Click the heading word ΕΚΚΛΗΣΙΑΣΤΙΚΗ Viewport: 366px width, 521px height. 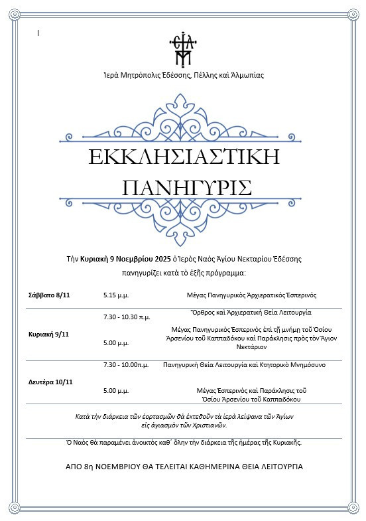click(x=184, y=157)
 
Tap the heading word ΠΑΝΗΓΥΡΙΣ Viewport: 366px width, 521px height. click(x=188, y=186)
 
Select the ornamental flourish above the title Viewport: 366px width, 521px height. click(x=184, y=119)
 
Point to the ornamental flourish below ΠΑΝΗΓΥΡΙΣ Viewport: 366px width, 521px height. click(x=184, y=220)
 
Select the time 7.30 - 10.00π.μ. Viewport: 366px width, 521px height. click(x=127, y=364)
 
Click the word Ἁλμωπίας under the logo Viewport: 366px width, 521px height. click(x=245, y=75)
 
